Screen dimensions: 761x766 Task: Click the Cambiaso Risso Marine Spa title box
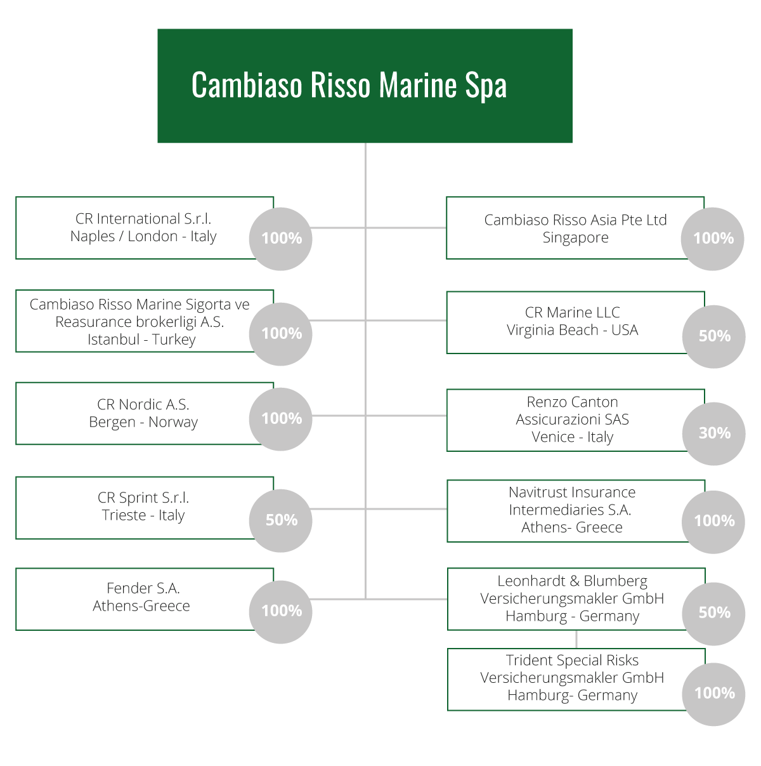pyautogui.click(x=365, y=86)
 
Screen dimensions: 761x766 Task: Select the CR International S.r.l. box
pyautogui.click(x=144, y=228)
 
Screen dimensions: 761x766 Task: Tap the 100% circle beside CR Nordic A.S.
pyautogui.click(x=280, y=419)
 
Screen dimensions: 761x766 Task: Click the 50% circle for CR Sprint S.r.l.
pyautogui.click(x=280, y=520)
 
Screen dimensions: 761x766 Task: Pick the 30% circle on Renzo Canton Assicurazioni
pyautogui.click(x=713, y=433)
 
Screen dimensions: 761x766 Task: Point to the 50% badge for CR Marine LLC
pyautogui.click(x=713, y=336)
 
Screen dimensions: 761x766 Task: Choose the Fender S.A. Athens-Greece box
pyautogui.click(x=144, y=599)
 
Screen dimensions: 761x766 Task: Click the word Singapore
pyautogui.click(x=575, y=237)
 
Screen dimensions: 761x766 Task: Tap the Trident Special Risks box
pyautogui.click(x=576, y=679)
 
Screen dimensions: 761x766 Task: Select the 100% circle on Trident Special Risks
pyautogui.click(x=713, y=694)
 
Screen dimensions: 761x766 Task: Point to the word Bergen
pyautogui.click(x=112, y=422)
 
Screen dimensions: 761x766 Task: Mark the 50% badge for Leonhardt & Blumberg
pyautogui.click(x=713, y=614)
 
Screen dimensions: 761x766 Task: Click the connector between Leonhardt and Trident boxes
pyautogui.click(x=576, y=640)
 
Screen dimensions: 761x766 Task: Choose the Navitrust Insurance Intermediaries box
pyautogui.click(x=576, y=511)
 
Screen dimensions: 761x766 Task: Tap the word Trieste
pyautogui.click(x=124, y=515)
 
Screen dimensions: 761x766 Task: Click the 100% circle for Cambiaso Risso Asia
pyautogui.click(x=713, y=239)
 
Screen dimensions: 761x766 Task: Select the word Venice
pyautogui.click(x=553, y=437)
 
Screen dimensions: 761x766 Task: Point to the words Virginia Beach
pyautogui.click(x=552, y=331)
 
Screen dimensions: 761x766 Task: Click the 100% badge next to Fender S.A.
pyautogui.click(x=280, y=612)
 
